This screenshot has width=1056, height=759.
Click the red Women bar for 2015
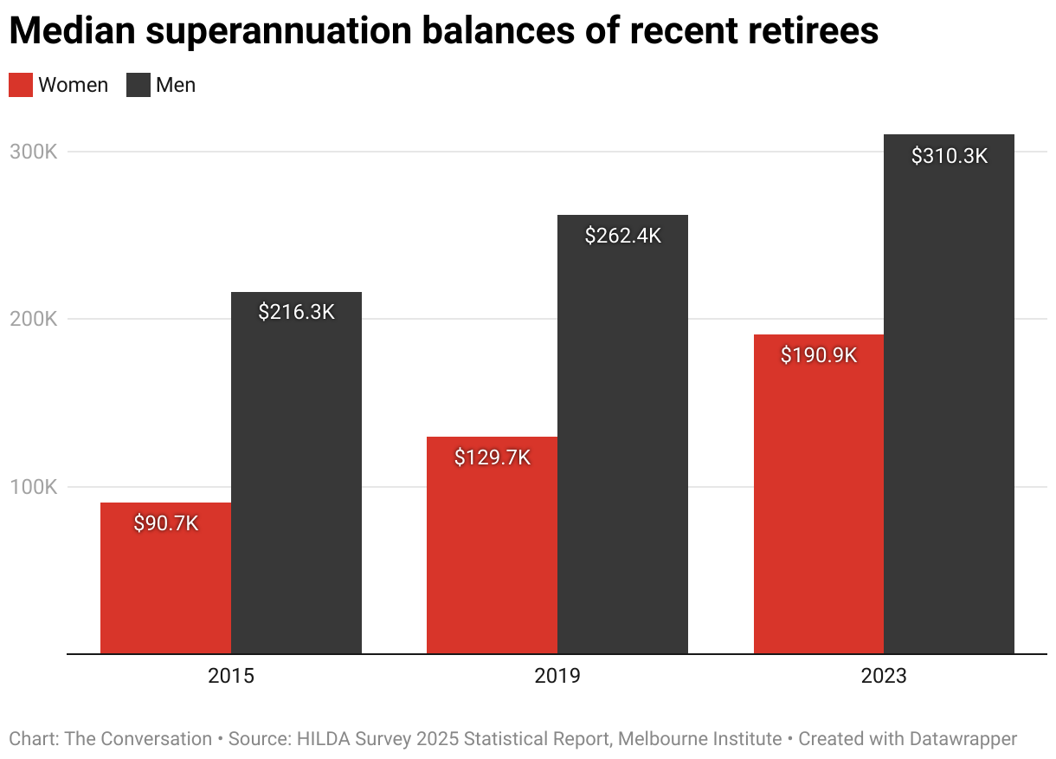click(x=166, y=589)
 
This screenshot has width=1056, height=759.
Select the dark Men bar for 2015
click(x=296, y=485)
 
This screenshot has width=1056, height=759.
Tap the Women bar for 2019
click(x=492, y=555)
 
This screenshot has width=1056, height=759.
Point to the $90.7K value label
click(x=166, y=523)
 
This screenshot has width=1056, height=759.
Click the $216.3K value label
click(x=296, y=312)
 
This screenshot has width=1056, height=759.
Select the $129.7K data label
click(x=492, y=457)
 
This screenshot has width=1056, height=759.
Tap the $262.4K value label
click(x=622, y=236)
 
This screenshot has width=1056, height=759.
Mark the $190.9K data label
click(x=819, y=355)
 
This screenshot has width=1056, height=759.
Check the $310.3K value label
click(x=949, y=156)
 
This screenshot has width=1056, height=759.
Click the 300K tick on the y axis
click(x=33, y=152)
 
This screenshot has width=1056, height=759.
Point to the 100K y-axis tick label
click(x=33, y=487)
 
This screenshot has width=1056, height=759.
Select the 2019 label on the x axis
click(x=557, y=676)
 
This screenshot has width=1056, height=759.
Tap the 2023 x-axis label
click(x=884, y=676)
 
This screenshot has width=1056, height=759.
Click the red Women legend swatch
click(x=21, y=85)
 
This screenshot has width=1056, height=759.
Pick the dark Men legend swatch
click(x=138, y=85)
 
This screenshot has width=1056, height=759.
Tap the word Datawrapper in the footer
click(x=963, y=739)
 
